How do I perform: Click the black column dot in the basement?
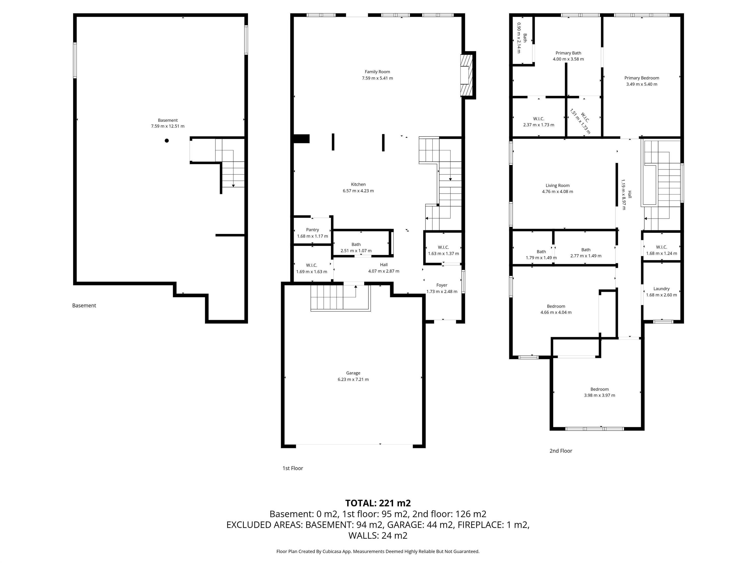pyautogui.click(x=167, y=141)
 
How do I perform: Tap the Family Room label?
pyautogui.click(x=377, y=72)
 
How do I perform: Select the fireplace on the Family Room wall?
pyautogui.click(x=467, y=75)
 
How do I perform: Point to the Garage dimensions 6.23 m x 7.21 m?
pyautogui.click(x=353, y=379)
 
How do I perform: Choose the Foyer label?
pyautogui.click(x=441, y=285)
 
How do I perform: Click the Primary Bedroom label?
pyautogui.click(x=642, y=78)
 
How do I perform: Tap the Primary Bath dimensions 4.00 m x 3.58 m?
pyautogui.click(x=568, y=59)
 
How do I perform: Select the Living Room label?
pyautogui.click(x=557, y=186)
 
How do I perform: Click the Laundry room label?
pyautogui.click(x=661, y=289)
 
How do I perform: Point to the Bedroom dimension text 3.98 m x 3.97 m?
pyautogui.click(x=599, y=395)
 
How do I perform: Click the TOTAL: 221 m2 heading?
pyautogui.click(x=378, y=503)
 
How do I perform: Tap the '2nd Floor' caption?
pyautogui.click(x=561, y=451)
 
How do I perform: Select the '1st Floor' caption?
pyautogui.click(x=293, y=468)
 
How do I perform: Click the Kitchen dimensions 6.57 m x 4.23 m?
pyautogui.click(x=358, y=191)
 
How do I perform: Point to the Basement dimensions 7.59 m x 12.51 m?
pyautogui.click(x=168, y=126)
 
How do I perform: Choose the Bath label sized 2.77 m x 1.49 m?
pyautogui.click(x=586, y=250)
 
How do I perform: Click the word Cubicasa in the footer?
pyautogui.click(x=332, y=551)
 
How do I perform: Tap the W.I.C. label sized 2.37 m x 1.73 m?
pyautogui.click(x=539, y=119)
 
